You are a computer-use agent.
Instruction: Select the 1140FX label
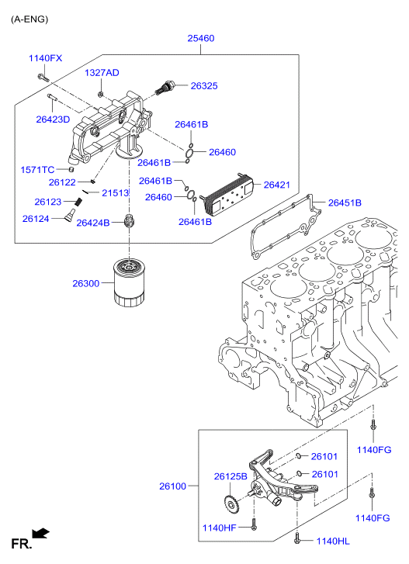(x=45, y=58)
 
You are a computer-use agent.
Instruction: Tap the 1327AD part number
(x=102, y=72)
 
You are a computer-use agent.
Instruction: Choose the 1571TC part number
(x=37, y=169)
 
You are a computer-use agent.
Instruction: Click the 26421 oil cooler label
(x=276, y=185)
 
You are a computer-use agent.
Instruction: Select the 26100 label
(x=173, y=486)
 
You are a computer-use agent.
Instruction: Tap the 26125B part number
(x=230, y=476)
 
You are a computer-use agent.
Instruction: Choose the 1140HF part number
(x=220, y=527)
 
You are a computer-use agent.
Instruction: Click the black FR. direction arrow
(x=42, y=533)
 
